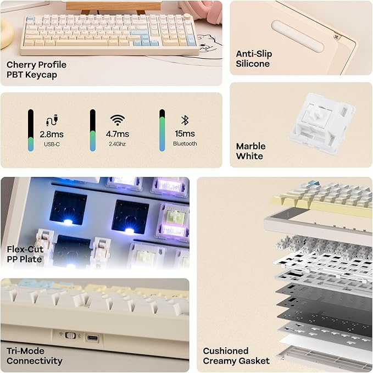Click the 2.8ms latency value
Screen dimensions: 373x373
tap(52, 134)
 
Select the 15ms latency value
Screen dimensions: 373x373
tap(185, 134)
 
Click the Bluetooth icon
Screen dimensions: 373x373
tap(185, 120)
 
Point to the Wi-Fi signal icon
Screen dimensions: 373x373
tap(117, 120)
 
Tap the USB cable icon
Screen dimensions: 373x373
tap(52, 120)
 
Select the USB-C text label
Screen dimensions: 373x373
tap(52, 144)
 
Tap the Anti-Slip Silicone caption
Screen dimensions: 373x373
tap(253, 59)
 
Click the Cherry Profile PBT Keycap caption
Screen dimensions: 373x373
tap(37, 69)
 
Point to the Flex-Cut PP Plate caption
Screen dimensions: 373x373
tap(25, 254)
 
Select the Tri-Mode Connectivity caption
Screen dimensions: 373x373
tap(34, 355)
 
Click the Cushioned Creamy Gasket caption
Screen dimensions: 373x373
tap(236, 355)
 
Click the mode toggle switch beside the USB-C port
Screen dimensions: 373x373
tap(70, 335)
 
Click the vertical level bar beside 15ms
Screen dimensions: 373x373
tap(162, 130)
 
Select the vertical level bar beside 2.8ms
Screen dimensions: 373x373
tap(31, 130)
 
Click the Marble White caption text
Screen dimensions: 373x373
tap(250, 151)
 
